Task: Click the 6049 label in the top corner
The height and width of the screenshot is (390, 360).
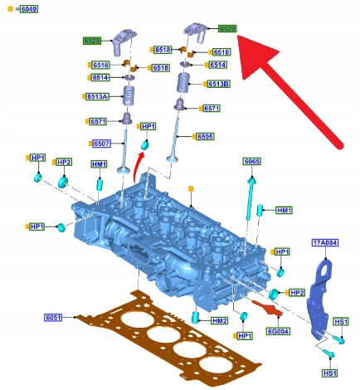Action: (x=29, y=9)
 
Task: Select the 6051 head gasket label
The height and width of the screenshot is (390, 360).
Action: (x=53, y=317)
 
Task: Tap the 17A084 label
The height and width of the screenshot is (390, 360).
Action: (x=325, y=243)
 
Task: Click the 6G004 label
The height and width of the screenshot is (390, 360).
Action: (x=278, y=331)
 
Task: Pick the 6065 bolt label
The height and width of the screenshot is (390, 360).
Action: (x=252, y=161)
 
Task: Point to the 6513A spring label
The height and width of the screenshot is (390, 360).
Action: (x=97, y=96)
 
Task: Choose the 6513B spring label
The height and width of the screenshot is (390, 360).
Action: (x=219, y=84)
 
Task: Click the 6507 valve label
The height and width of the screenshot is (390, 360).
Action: (x=101, y=144)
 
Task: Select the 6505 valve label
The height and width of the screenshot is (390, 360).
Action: (x=205, y=136)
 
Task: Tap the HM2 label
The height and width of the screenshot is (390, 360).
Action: (x=220, y=320)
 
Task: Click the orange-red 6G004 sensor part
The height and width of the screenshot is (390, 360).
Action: (x=267, y=308)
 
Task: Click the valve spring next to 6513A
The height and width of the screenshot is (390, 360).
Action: (x=129, y=95)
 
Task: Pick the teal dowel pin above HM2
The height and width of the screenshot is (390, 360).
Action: (x=196, y=317)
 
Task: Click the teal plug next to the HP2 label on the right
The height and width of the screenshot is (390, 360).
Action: (x=274, y=294)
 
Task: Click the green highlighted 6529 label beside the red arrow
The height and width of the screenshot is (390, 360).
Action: (x=227, y=28)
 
